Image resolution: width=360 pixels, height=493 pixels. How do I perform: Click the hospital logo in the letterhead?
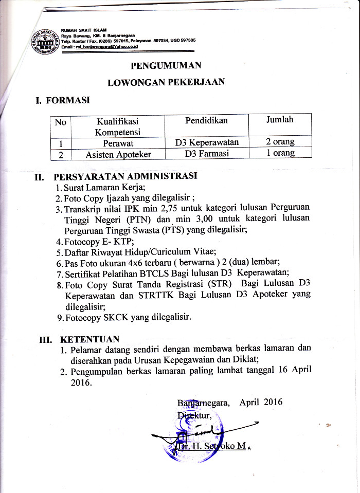[45, 40]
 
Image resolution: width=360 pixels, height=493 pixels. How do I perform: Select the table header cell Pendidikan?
[206, 120]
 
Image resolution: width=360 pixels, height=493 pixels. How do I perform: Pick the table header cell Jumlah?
[280, 120]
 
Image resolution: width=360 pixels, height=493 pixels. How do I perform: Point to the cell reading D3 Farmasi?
[206, 153]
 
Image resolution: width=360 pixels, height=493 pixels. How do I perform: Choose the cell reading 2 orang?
[280, 142]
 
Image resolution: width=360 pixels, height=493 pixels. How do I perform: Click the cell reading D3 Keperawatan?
[206, 142]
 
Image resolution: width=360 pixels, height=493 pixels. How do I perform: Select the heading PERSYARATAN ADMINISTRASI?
[125, 176]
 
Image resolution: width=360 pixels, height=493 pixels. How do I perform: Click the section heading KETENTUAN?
[90, 339]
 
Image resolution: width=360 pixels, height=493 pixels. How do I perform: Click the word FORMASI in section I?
[68, 100]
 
